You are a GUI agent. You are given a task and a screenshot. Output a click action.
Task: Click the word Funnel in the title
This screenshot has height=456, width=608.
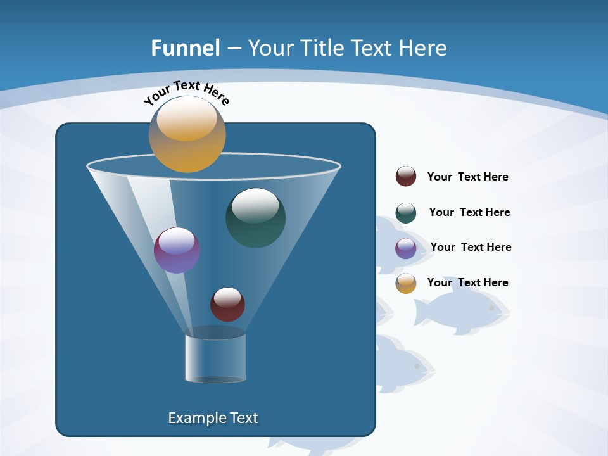[186, 48]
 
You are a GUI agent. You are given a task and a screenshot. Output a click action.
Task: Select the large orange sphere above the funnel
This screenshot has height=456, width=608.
[187, 134]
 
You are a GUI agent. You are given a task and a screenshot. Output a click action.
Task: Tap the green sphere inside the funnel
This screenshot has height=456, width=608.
[255, 217]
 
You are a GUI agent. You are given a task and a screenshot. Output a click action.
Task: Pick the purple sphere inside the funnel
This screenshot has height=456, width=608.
[177, 250]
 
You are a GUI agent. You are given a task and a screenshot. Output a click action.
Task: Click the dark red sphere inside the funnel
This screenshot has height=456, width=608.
[227, 304]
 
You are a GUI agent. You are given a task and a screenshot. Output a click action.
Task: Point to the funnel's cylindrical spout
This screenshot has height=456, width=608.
[215, 358]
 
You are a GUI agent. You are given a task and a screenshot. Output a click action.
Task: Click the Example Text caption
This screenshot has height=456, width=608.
[213, 418]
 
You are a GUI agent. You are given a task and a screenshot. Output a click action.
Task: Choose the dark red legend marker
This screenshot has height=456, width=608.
[406, 177]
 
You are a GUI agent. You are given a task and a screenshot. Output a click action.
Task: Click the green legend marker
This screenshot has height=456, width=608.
[406, 213]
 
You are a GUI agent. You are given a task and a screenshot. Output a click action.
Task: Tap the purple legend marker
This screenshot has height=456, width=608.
[406, 248]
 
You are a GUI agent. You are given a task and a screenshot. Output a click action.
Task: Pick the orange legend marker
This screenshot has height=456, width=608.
[406, 283]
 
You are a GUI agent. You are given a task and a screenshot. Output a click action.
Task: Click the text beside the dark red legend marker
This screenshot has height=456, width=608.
[467, 177]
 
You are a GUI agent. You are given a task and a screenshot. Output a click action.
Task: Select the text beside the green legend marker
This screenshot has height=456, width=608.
[469, 213]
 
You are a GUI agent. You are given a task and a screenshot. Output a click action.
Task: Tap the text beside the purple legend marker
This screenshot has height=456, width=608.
[471, 248]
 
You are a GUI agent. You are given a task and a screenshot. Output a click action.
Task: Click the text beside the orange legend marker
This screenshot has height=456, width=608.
[467, 282]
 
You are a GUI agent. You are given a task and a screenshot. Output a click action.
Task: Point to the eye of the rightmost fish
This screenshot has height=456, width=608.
[491, 308]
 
